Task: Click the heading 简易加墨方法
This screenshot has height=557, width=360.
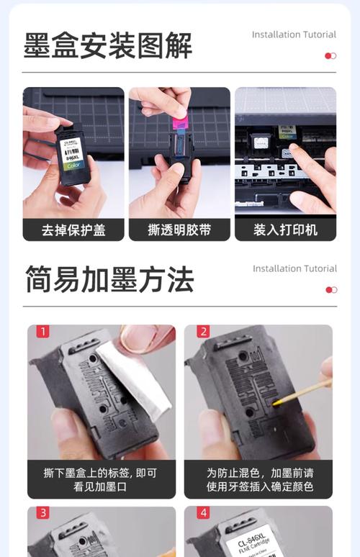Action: [109, 278]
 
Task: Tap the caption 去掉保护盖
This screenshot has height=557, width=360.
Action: [73, 230]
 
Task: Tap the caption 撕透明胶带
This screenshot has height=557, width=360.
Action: [179, 230]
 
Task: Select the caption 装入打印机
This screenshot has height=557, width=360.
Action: [285, 230]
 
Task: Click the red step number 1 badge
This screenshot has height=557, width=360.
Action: [43, 332]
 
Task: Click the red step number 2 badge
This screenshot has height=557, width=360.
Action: [203, 332]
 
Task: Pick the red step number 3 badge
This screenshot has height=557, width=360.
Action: [43, 513]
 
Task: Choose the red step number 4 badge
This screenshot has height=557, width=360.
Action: [203, 513]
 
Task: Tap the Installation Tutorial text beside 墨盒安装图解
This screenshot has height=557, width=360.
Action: [294, 35]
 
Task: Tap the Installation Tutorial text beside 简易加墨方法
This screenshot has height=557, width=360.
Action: [294, 268]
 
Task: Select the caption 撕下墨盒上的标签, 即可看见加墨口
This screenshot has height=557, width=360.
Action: [101, 479]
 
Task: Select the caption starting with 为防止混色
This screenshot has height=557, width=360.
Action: [259, 479]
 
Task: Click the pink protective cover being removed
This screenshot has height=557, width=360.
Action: [179, 118]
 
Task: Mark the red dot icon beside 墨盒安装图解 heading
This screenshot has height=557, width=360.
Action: [330, 56]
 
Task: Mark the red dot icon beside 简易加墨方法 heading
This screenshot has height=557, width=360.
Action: [330, 290]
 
